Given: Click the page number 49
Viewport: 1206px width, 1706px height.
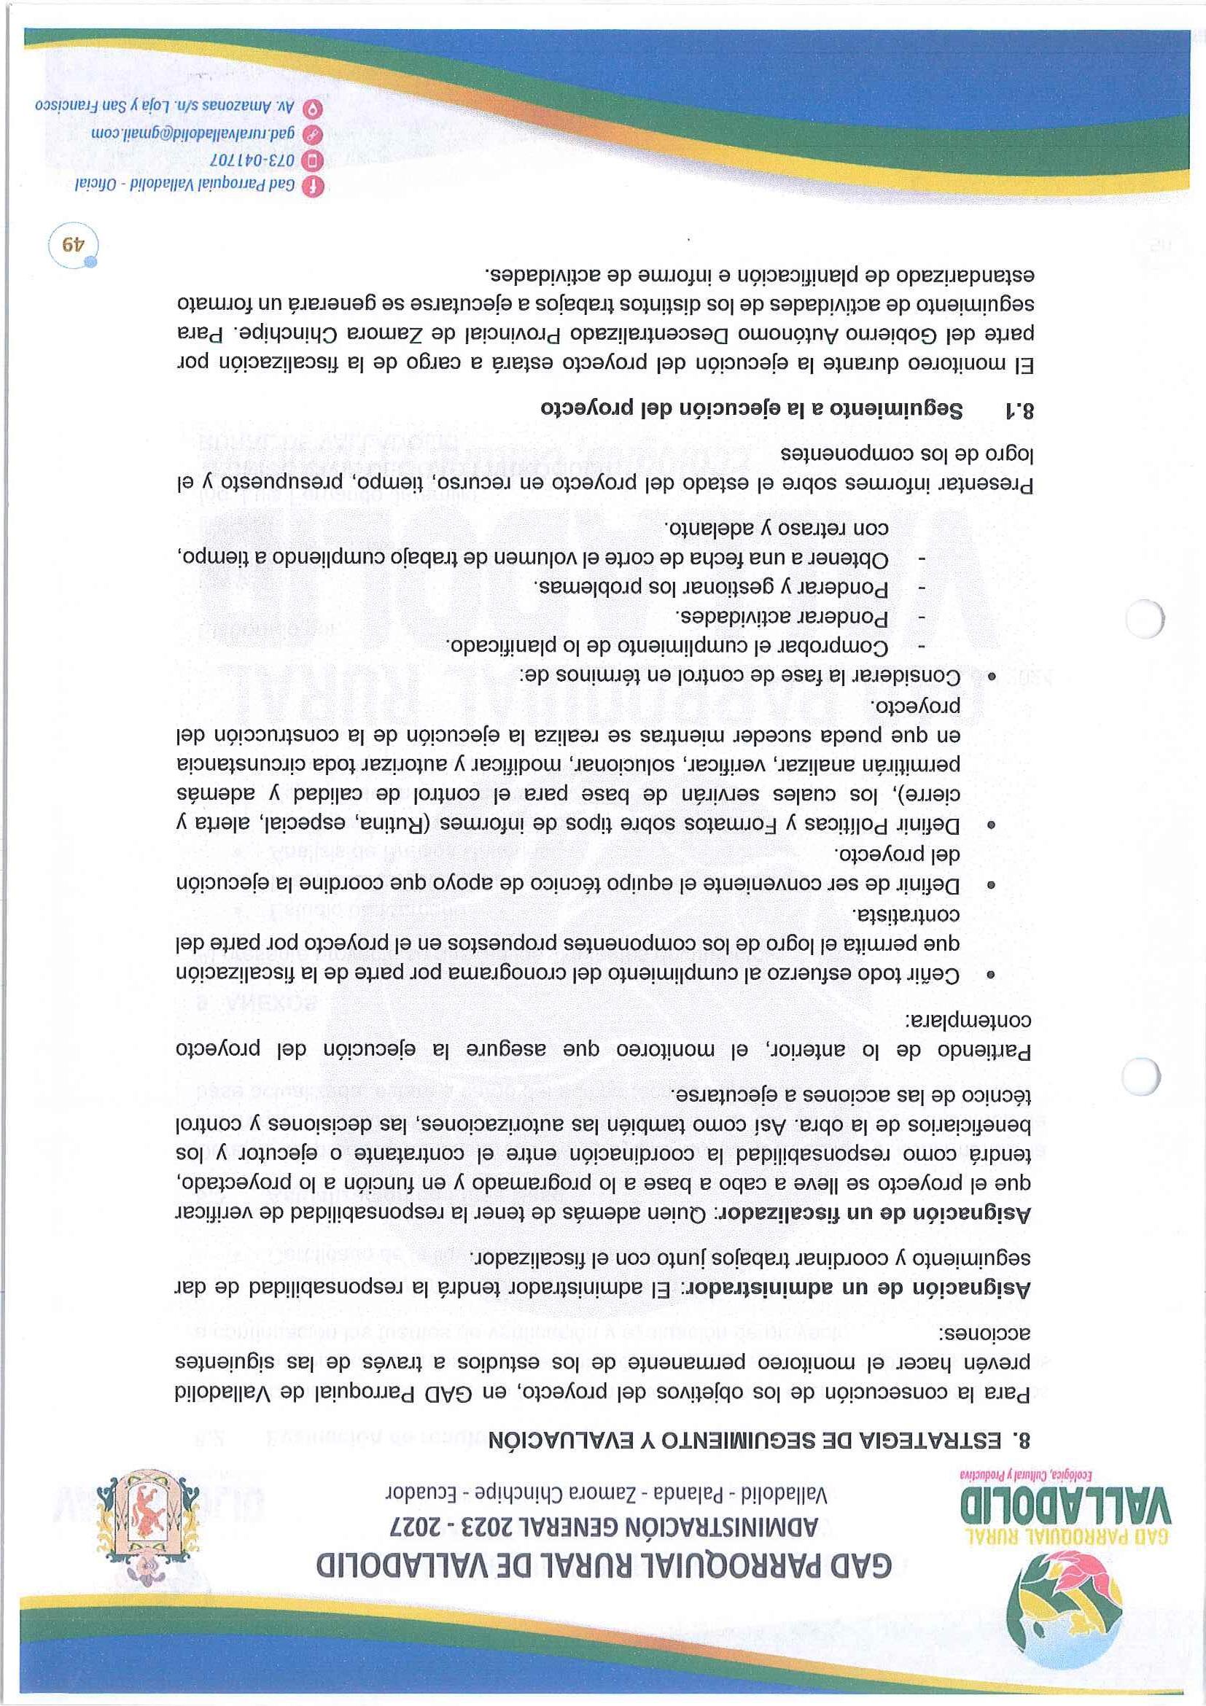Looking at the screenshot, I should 73,244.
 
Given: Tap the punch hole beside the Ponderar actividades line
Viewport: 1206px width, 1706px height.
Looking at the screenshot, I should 1143,618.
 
